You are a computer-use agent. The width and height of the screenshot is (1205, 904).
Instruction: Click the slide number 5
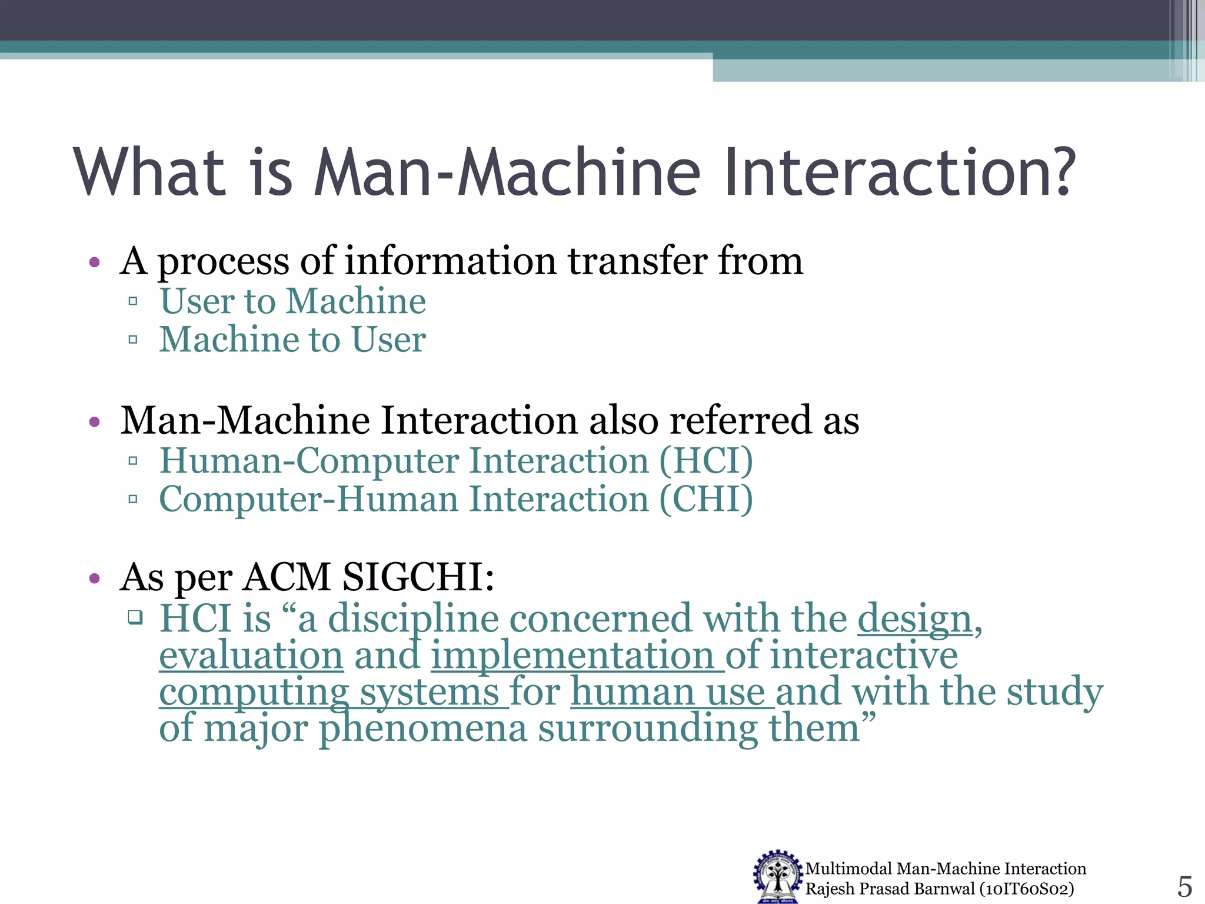[x=1184, y=886]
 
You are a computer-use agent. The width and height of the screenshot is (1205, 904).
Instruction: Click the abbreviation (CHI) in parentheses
[x=706, y=499]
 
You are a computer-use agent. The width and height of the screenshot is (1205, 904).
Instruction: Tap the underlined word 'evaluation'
[x=251, y=656]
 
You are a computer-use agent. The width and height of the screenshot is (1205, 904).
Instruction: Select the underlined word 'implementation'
[x=573, y=656]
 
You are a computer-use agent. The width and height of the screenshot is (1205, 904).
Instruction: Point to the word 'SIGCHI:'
[x=418, y=577]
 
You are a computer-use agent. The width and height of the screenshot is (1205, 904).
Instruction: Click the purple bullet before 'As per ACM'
[x=95, y=579]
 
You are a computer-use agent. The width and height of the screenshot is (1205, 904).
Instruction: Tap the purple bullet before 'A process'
[x=95, y=262]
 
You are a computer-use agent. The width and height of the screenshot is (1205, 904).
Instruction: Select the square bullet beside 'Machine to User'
[x=133, y=340]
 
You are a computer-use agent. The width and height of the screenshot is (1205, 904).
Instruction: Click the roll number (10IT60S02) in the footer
[x=1027, y=889]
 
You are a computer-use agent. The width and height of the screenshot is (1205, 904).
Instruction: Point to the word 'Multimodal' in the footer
[x=848, y=869]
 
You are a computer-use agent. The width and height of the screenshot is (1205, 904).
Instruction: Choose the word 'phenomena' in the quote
[x=423, y=729]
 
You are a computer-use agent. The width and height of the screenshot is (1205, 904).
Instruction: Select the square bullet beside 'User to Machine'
[x=133, y=301]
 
